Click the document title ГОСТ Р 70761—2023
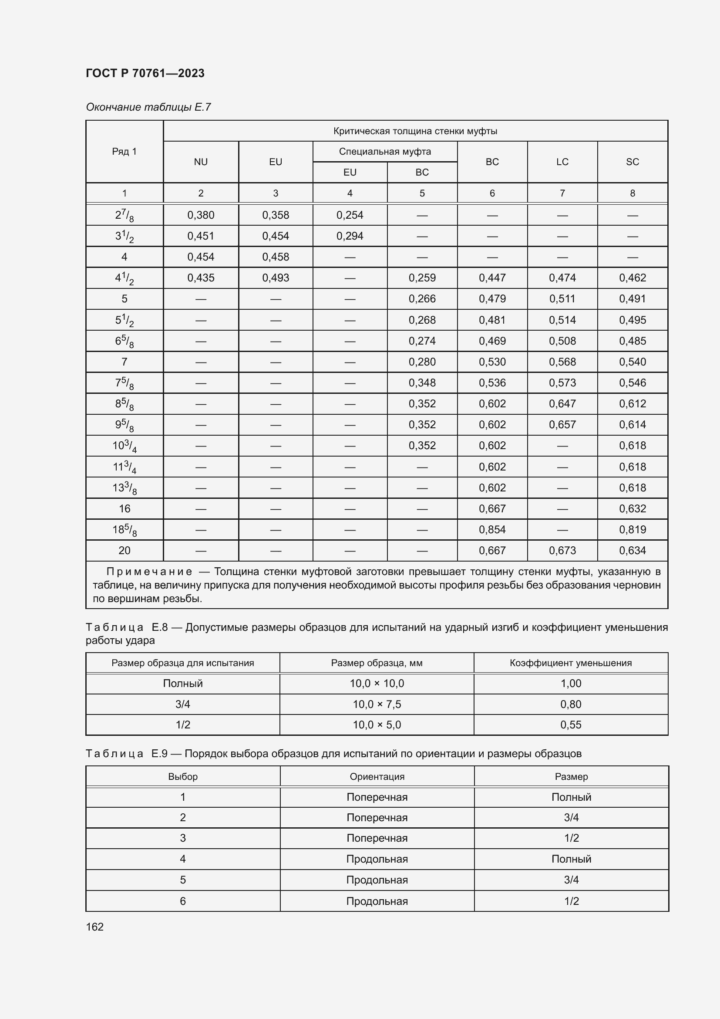(x=145, y=73)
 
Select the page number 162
(x=94, y=927)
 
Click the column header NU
(x=201, y=162)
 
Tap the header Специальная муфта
(x=385, y=152)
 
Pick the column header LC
(x=562, y=162)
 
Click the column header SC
(x=632, y=162)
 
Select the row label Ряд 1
(x=124, y=152)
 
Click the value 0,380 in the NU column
(x=201, y=215)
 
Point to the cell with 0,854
(x=492, y=529)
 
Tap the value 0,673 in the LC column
(x=562, y=550)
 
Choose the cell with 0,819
(x=632, y=529)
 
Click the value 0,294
(x=350, y=236)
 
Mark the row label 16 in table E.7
(x=124, y=508)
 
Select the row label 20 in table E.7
(x=124, y=550)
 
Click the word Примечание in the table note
(x=149, y=572)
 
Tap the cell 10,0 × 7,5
(x=377, y=704)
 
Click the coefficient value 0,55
(x=571, y=725)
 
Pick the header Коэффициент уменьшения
(x=571, y=663)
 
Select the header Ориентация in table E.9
(x=377, y=777)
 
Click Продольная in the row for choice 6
(x=377, y=901)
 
